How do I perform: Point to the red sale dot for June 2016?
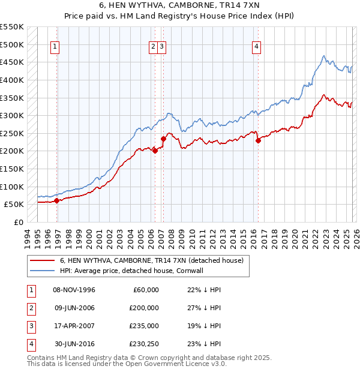[259, 140]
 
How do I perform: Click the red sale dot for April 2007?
[163, 139]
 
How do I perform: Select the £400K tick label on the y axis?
[12, 80]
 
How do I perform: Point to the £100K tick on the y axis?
[12, 187]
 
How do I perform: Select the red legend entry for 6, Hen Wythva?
[151, 260]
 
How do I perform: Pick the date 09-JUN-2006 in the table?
[74, 308]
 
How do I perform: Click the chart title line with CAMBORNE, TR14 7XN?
[179, 5]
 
